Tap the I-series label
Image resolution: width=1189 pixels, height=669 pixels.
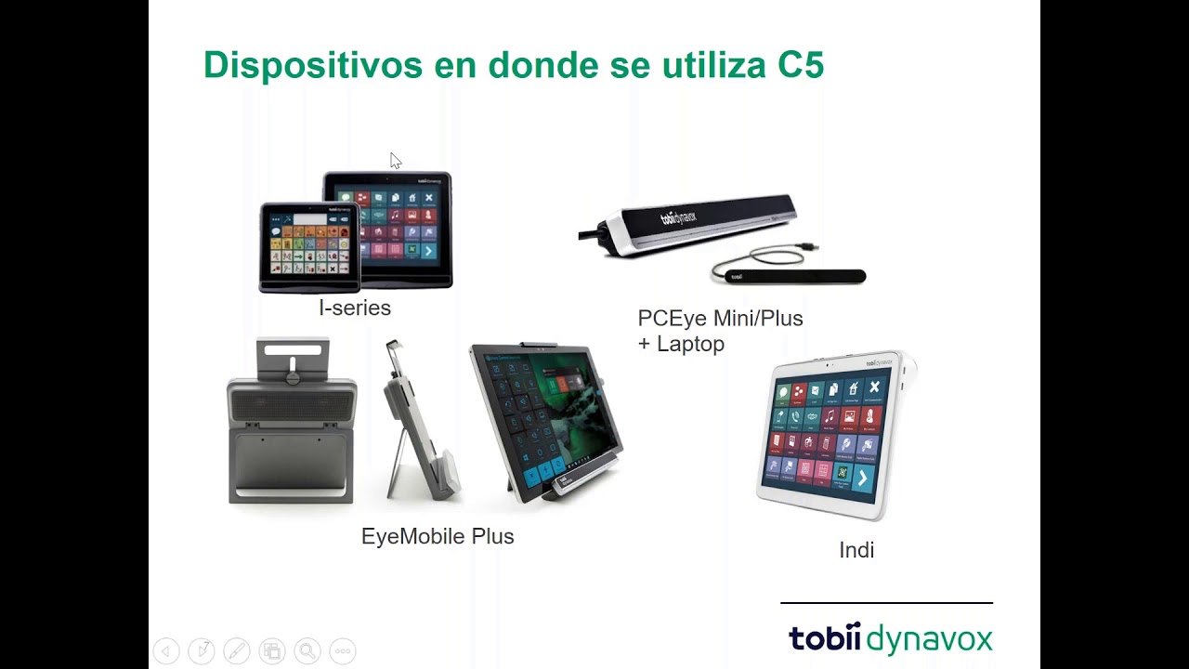(355, 308)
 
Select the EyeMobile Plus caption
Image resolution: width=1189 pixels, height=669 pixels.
(438, 537)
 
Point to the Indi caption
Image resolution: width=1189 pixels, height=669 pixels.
(856, 550)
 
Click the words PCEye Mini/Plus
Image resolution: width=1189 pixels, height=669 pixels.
(720, 319)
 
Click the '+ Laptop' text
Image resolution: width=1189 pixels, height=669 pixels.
(681, 344)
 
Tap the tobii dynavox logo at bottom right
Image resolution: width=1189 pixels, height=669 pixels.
(890, 639)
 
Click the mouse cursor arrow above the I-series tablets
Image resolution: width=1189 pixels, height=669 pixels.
(395, 160)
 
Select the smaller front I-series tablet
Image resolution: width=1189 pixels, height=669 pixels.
(309, 248)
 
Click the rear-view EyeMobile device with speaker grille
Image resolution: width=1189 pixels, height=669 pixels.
(292, 423)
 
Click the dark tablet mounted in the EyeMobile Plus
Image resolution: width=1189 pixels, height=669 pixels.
(543, 418)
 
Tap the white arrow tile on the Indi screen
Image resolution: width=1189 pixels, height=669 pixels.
(862, 478)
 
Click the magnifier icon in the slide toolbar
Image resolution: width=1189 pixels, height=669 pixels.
(307, 651)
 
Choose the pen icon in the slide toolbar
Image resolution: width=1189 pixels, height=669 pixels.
(236, 651)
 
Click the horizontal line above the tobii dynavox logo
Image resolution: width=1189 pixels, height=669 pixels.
(886, 603)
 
